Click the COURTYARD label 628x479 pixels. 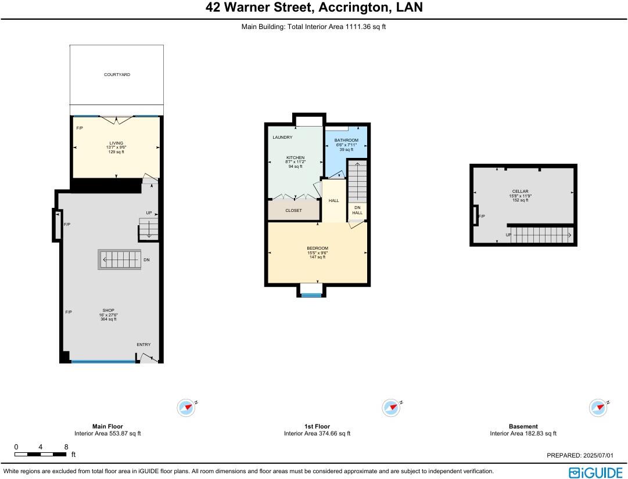[117, 75]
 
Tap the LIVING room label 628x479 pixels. [116, 143]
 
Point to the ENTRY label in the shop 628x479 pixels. [143, 345]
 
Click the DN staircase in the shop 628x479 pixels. [120, 259]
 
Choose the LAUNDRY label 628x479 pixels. [282, 138]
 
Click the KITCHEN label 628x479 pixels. [295, 157]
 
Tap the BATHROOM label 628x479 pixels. [346, 141]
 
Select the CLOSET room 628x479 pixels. [293, 210]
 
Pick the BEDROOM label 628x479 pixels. [317, 248]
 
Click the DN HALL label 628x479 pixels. [357, 210]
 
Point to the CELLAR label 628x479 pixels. [520, 192]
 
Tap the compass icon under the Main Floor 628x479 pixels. [186, 408]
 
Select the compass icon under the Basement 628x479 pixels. [598, 408]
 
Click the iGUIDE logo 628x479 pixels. [595, 472]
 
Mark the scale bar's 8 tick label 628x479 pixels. [66, 447]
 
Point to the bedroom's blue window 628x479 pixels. [311, 296]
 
